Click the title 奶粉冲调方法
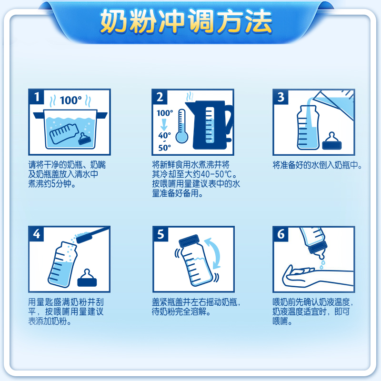click(186, 21)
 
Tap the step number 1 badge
click(37, 97)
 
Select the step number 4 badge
click(37, 234)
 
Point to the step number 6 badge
click(281, 234)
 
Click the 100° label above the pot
click(70, 100)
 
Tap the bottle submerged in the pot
click(64, 133)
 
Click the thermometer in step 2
click(182, 126)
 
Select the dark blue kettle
click(209, 125)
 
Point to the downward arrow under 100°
click(164, 125)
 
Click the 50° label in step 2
click(164, 148)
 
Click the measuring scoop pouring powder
click(92, 235)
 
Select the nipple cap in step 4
click(87, 278)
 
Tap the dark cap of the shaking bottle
click(189, 241)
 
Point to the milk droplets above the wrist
click(322, 264)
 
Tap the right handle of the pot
click(102, 115)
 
